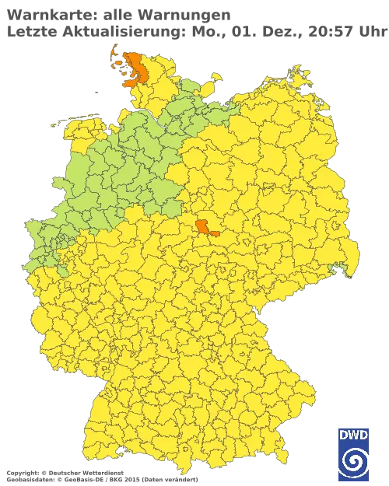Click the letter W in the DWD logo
(352, 434)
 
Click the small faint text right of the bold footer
(159, 473)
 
